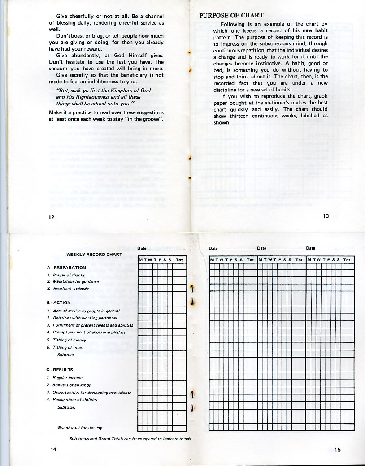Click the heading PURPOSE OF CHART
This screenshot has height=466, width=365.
point(231,16)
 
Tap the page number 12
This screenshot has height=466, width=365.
point(52,217)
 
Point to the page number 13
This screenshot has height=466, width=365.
point(326,216)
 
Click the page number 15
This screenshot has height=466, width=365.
point(337,450)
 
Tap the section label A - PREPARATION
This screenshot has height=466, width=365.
point(66,268)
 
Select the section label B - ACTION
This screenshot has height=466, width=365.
point(59,302)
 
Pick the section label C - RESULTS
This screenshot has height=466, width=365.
point(60,370)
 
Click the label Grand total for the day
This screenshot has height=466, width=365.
point(80,428)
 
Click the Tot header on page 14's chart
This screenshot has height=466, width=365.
point(179,260)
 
